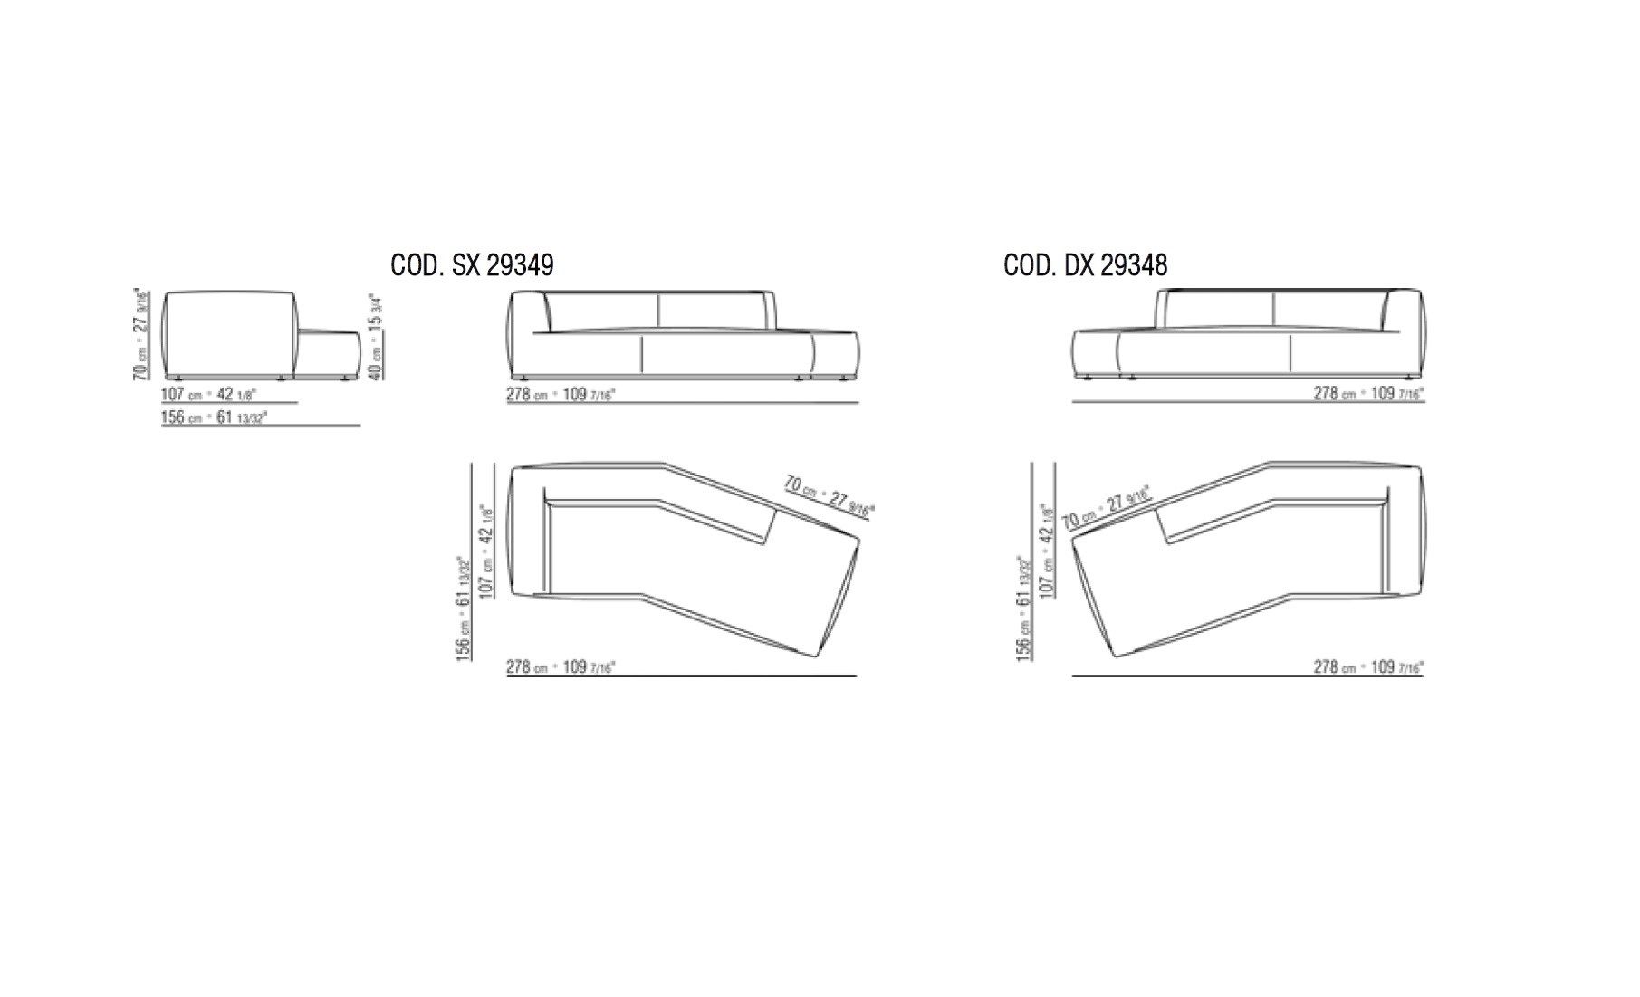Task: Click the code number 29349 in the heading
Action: tap(520, 264)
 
